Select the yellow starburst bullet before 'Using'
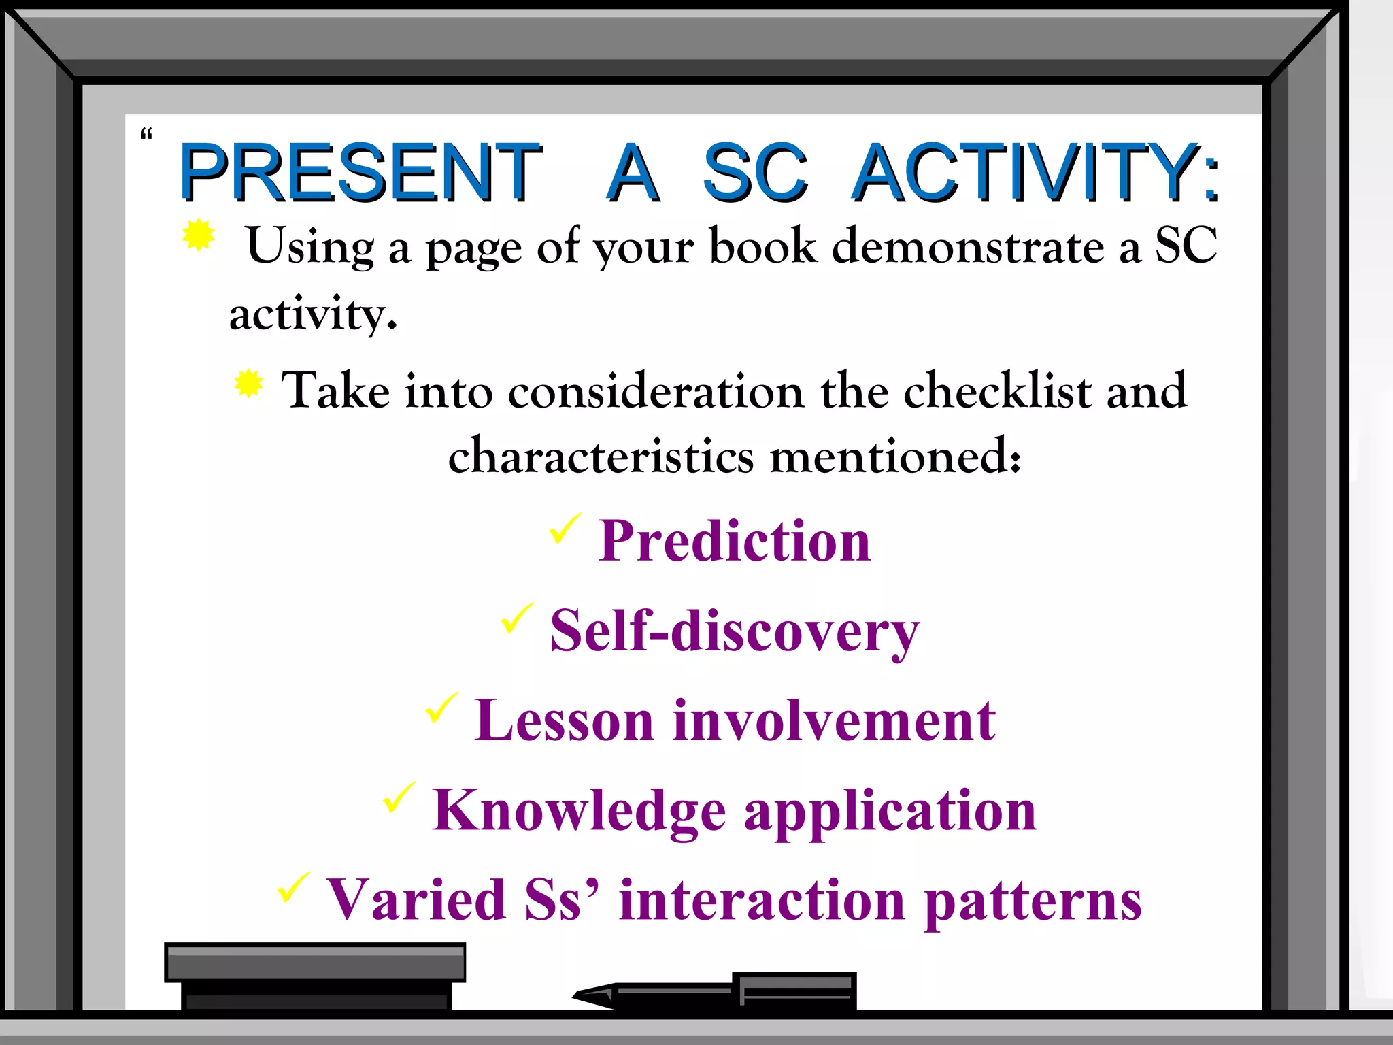pyautogui.click(x=199, y=235)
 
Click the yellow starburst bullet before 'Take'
pyautogui.click(x=249, y=384)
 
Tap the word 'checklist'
pyautogui.click(x=997, y=391)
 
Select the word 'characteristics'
pyautogui.click(x=601, y=456)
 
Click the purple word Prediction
pyautogui.click(x=735, y=541)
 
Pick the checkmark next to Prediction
pyautogui.click(x=565, y=529)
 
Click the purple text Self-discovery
pyautogui.click(x=735, y=631)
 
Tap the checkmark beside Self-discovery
pyautogui.click(x=517, y=618)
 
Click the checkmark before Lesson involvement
pyautogui.click(x=441, y=708)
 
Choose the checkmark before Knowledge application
pyautogui.click(x=399, y=797)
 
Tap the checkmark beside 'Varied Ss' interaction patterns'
pyautogui.click(x=293, y=887)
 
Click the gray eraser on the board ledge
pyautogui.click(x=315, y=975)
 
